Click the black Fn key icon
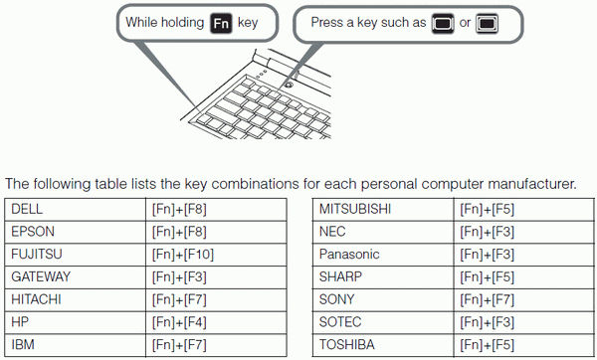pyautogui.click(x=224, y=22)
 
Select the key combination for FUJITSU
pyautogui.click(x=181, y=254)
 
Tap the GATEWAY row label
pyautogui.click(x=41, y=275)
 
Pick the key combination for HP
pyautogui.click(x=178, y=322)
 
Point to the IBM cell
pyautogui.click(x=22, y=345)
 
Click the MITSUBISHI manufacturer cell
pyautogui.click(x=355, y=209)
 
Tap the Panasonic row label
pyautogui.click(x=349, y=255)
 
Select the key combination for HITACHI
pyautogui.click(x=178, y=299)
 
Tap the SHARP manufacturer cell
pyautogui.click(x=340, y=276)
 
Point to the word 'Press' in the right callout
pyautogui.click(x=328, y=22)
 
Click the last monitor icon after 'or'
pyautogui.click(x=487, y=22)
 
